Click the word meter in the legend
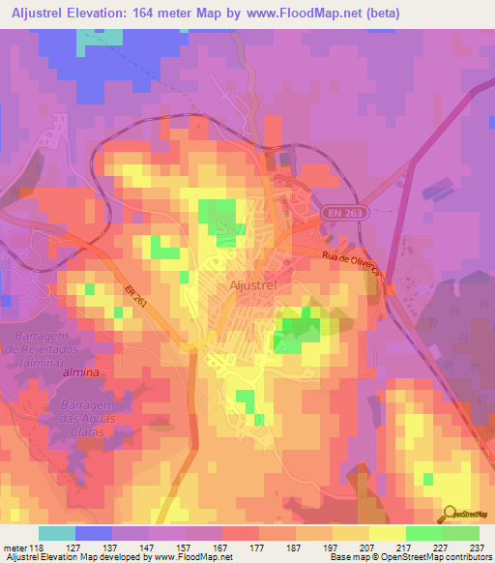pyautogui.click(x=14, y=547)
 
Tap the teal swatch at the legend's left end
pyautogui.click(x=57, y=533)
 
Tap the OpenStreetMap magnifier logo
pyautogui.click(x=451, y=513)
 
